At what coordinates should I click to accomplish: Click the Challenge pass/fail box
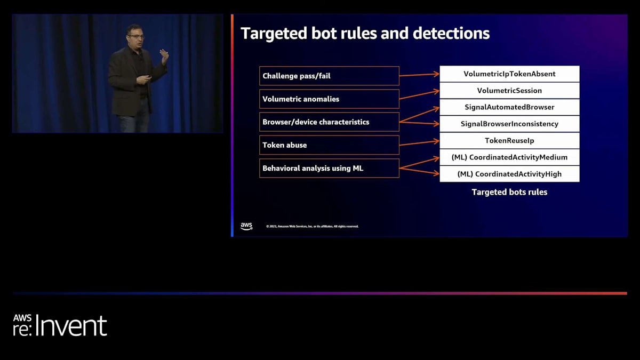[x=329, y=76]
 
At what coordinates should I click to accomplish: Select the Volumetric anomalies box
[x=329, y=99]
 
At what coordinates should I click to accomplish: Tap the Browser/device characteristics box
[x=329, y=122]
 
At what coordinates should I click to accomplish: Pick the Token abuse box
[x=329, y=145]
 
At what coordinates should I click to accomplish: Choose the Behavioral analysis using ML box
[x=329, y=168]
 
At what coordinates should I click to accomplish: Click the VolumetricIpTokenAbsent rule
[x=509, y=74]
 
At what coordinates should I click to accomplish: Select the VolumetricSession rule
[x=509, y=90]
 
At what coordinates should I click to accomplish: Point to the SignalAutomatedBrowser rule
[x=509, y=107]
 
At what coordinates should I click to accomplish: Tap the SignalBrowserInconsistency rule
[x=509, y=124]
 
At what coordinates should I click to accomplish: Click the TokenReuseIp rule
[x=509, y=140]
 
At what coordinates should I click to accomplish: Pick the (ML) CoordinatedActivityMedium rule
[x=509, y=157]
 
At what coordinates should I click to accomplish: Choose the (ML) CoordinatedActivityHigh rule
[x=509, y=174]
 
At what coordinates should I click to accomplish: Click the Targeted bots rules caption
[x=509, y=192]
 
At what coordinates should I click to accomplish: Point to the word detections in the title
[x=451, y=34]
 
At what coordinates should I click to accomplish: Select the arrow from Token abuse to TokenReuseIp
[x=419, y=143]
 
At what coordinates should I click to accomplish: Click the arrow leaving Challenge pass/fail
[x=419, y=75]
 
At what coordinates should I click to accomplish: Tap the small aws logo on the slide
[x=246, y=226]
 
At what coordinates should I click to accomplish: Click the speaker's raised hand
[x=164, y=54]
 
